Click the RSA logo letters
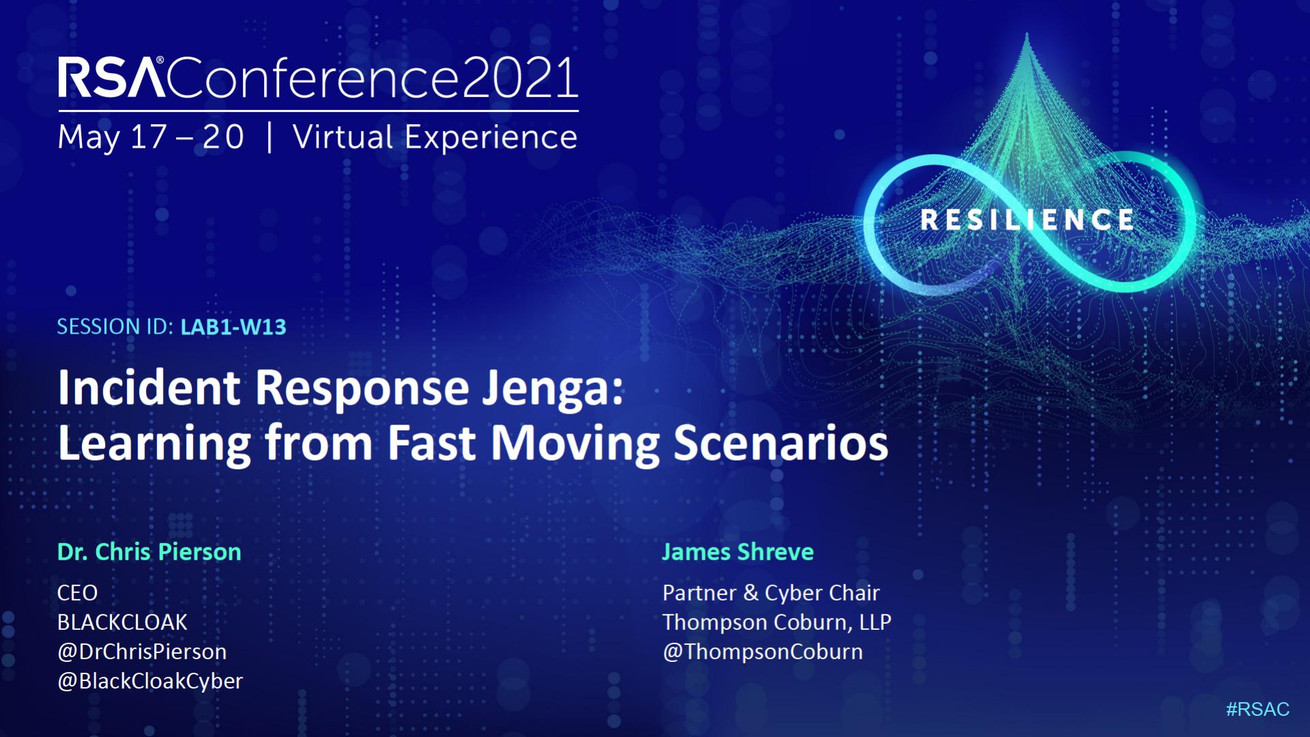tap(112, 77)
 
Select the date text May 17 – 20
tap(151, 137)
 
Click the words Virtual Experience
tap(435, 137)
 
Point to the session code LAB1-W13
tap(233, 328)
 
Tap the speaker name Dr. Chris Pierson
tap(149, 551)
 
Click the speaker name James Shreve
tap(738, 551)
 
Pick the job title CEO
tap(77, 593)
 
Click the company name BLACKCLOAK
tap(122, 622)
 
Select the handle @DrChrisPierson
tap(142, 652)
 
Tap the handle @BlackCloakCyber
tap(150, 681)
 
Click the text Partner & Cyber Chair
tap(771, 593)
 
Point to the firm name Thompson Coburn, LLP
tap(776, 622)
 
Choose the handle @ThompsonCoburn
tap(762, 652)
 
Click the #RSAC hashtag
tap(1257, 710)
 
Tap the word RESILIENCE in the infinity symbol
tap(1027, 220)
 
